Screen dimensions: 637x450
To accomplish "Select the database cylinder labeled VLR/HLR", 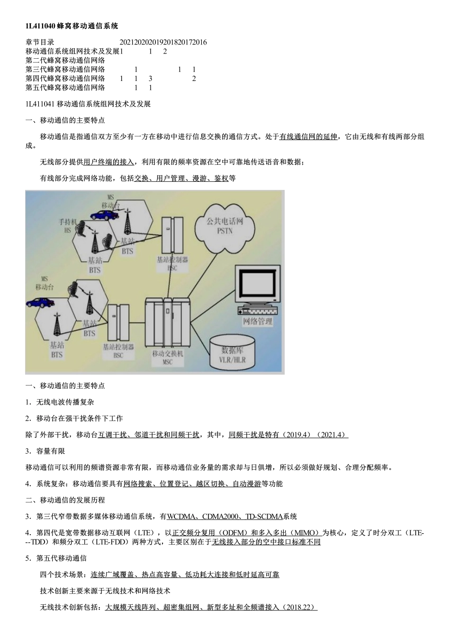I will click(x=232, y=354).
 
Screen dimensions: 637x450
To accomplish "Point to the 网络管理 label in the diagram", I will click(x=258, y=322).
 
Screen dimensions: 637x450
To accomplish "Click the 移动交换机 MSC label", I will click(x=168, y=358).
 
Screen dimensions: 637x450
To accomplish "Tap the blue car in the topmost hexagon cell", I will click(x=104, y=215).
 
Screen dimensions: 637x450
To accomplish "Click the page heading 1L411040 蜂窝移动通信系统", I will click(x=72, y=26).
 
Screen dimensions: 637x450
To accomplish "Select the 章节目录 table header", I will click(x=40, y=42).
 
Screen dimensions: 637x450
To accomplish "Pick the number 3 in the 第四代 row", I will click(x=150, y=79).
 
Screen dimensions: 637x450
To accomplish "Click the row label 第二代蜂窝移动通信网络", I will click(x=65, y=61).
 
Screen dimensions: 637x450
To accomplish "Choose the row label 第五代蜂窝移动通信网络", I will click(x=65, y=88).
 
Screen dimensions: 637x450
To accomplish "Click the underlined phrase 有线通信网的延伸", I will click(x=308, y=137).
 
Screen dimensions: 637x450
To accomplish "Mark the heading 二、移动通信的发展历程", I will click(x=65, y=500).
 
